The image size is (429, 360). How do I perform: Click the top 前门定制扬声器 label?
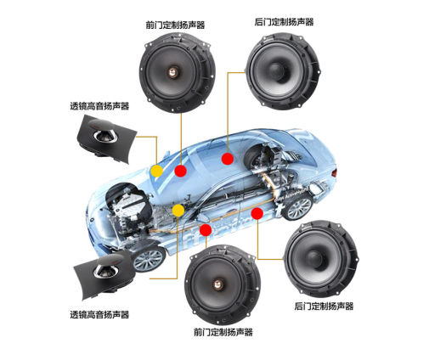[x=175, y=25]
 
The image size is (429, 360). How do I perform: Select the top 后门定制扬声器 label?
[x=284, y=22]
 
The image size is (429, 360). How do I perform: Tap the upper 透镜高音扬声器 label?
[x=99, y=106]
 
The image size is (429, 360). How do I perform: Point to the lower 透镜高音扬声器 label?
[x=99, y=314]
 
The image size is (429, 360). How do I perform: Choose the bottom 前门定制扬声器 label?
[x=223, y=332]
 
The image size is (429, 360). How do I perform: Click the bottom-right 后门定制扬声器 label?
[x=324, y=306]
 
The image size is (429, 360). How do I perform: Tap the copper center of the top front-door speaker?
[x=173, y=72]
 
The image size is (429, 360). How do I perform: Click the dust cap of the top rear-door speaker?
[x=276, y=70]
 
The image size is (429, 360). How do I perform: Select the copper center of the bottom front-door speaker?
[x=218, y=284]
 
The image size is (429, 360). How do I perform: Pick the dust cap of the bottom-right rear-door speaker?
[x=314, y=259]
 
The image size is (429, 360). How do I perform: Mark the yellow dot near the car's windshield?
[x=156, y=171]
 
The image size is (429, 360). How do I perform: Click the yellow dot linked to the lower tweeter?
[x=178, y=211]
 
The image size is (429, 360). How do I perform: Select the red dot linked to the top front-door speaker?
[x=180, y=171]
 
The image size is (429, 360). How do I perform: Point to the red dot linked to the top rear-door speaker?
[x=228, y=159]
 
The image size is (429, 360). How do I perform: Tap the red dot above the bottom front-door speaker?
[x=206, y=230]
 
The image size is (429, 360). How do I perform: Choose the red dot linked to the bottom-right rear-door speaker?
[x=257, y=213]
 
